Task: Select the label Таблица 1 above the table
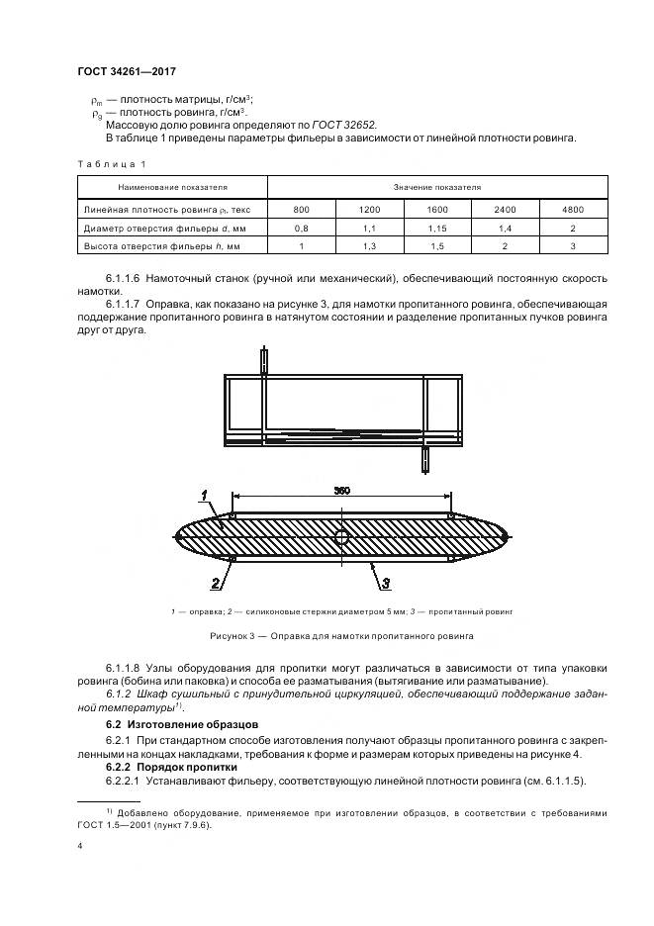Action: [x=111, y=163]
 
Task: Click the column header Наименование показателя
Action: [x=173, y=186]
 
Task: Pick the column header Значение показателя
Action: [x=438, y=186]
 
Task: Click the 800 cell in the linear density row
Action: [x=302, y=210]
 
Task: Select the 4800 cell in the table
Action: [x=573, y=210]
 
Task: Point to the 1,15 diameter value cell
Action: [x=438, y=228]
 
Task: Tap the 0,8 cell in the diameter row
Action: [x=302, y=228]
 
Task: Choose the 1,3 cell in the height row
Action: [x=370, y=246]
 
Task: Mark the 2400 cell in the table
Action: [x=506, y=210]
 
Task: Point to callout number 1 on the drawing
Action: [x=202, y=495]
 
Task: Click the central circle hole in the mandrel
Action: [x=340, y=537]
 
